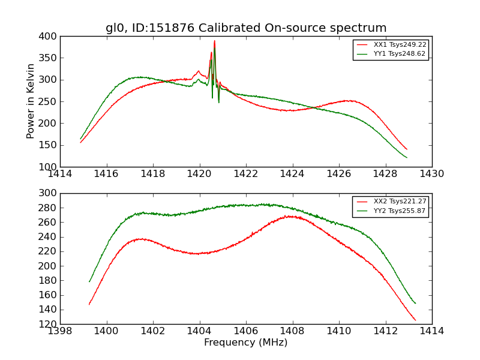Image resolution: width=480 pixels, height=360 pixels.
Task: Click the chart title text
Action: coord(246,28)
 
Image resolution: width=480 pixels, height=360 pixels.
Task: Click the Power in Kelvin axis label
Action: coord(31,101)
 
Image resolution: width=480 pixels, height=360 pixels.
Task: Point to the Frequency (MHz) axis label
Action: coord(246,343)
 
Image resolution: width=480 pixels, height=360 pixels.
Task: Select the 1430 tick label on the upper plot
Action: coord(432,174)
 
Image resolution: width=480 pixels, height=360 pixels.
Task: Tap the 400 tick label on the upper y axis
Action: coord(50,37)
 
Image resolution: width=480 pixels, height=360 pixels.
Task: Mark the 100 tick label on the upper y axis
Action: coord(50,167)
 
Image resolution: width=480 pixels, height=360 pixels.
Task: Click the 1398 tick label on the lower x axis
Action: coord(60,331)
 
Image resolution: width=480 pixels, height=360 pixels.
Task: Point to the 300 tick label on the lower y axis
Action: coord(50,193)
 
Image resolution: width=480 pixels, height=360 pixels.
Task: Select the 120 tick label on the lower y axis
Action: coord(50,324)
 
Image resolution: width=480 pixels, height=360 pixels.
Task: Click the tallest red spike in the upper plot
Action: coord(214,41)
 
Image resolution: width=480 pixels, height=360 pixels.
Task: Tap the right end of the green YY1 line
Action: coord(407,158)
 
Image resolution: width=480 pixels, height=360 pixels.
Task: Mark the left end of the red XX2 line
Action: coord(89,304)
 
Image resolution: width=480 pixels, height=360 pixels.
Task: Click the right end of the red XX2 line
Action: coord(415,320)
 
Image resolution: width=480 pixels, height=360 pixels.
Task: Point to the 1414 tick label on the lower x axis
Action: coord(432,331)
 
